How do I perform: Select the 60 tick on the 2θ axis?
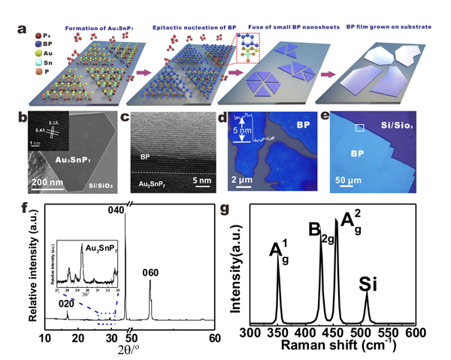(214, 339)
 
